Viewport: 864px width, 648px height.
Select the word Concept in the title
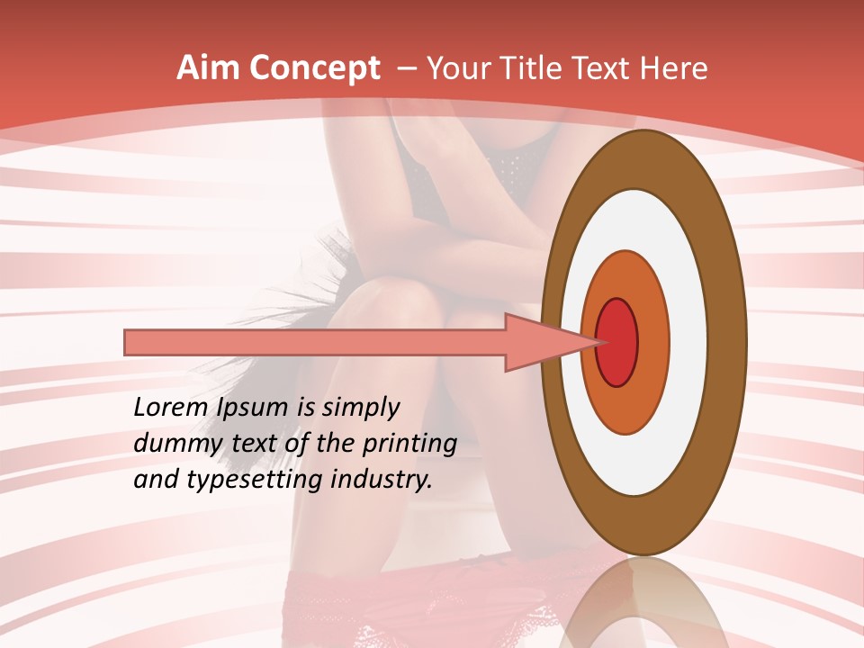[315, 68]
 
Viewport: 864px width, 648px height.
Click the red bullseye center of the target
[617, 342]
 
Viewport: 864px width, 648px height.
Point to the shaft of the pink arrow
[315, 342]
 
